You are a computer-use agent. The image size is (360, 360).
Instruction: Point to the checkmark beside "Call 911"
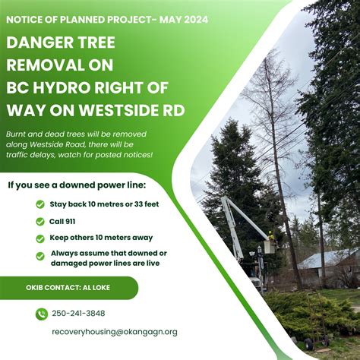(40, 222)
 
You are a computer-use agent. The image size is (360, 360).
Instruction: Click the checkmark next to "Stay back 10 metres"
(40, 204)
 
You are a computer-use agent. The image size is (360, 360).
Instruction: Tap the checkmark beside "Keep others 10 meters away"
(40, 238)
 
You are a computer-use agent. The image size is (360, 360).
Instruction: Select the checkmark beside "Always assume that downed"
(40, 256)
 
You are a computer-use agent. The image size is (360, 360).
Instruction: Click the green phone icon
(40, 313)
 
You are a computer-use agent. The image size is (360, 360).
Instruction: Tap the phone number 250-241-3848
(78, 313)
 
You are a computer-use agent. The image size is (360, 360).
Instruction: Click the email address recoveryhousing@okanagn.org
(114, 332)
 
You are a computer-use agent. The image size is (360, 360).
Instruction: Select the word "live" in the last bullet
(150, 263)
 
